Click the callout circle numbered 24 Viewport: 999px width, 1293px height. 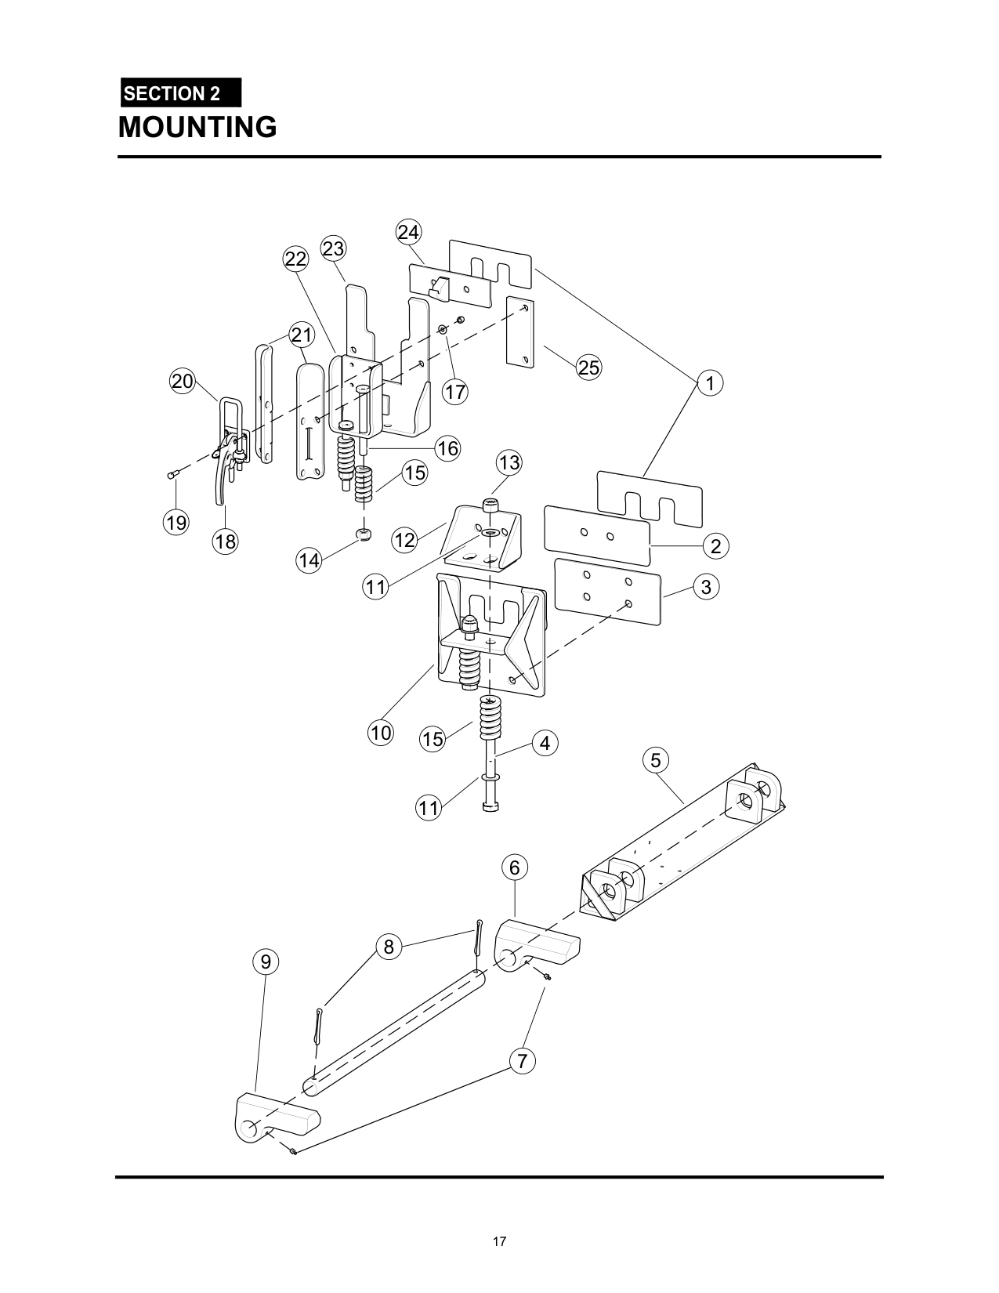(x=408, y=232)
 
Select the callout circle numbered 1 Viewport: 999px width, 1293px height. (x=710, y=383)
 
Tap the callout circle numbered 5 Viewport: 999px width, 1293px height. (x=656, y=760)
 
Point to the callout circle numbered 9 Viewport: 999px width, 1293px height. (x=266, y=962)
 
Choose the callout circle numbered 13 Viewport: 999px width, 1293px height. (x=509, y=462)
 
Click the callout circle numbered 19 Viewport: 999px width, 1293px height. (x=176, y=523)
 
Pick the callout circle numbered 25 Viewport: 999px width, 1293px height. (x=589, y=368)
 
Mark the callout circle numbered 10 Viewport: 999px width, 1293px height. (x=381, y=733)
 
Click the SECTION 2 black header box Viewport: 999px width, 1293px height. (x=181, y=92)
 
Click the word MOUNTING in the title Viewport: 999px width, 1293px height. (x=197, y=127)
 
